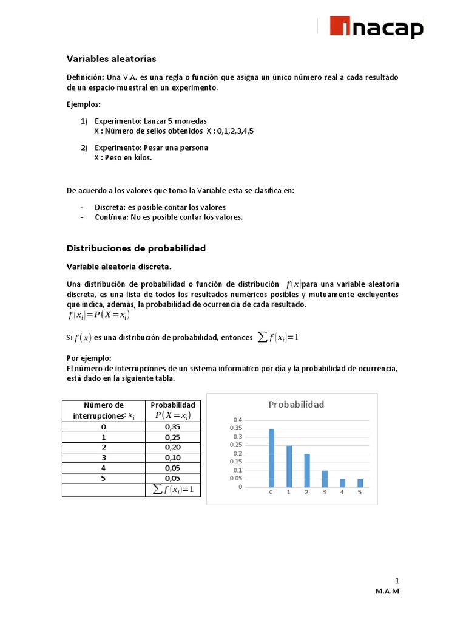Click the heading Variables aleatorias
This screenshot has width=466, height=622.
(x=111, y=59)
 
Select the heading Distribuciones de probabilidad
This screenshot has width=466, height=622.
(x=136, y=248)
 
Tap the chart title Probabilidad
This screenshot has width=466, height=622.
(x=296, y=405)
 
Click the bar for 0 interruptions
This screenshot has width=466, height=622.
(x=271, y=457)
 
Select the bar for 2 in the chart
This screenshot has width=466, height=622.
(x=307, y=470)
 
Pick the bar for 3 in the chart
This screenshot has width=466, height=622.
(x=325, y=479)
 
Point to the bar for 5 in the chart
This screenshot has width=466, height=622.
(x=360, y=483)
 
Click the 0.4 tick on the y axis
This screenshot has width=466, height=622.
(x=237, y=420)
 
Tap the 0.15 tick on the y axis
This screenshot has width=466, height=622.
(x=236, y=462)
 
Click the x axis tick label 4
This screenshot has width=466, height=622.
(x=342, y=493)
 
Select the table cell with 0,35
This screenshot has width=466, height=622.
(x=172, y=427)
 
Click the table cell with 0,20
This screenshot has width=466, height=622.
(x=172, y=448)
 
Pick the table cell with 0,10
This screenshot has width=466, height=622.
(x=172, y=457)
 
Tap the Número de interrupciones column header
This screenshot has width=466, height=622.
(x=103, y=410)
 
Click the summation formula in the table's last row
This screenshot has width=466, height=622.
(x=172, y=490)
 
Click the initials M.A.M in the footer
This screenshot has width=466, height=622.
(x=387, y=592)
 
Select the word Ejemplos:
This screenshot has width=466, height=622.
(x=84, y=104)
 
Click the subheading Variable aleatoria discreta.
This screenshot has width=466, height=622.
(x=118, y=266)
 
